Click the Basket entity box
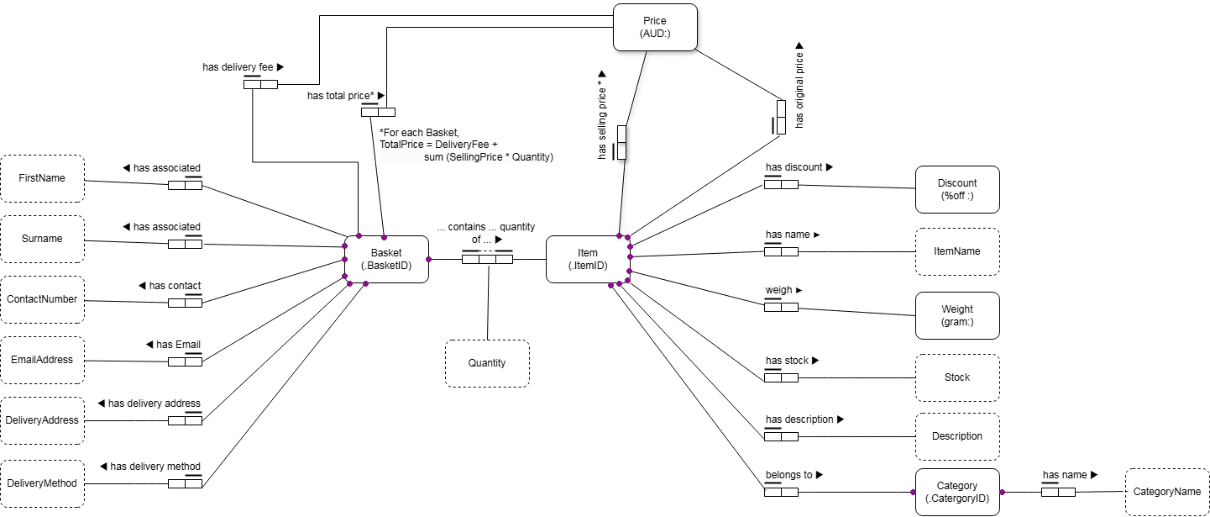coord(386,259)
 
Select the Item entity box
coord(588,259)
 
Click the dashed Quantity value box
coord(487,363)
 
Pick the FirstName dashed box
coord(42,178)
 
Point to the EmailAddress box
coord(42,360)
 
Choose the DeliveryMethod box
coord(42,483)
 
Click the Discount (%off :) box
coord(957,188)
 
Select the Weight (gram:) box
coord(957,316)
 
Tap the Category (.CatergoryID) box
coord(957,492)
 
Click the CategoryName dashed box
coord(1167,492)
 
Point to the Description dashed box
coord(957,436)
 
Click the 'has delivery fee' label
coord(243,66)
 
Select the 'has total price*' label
coord(345,96)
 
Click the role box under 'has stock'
coord(781,377)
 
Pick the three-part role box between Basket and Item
coord(487,259)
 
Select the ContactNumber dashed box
coord(42,299)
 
